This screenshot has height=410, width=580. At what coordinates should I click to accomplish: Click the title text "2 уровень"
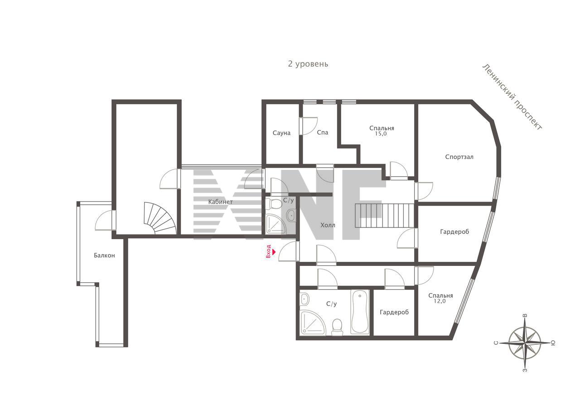click(x=308, y=64)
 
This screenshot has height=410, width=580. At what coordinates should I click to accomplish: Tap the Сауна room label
click(x=281, y=133)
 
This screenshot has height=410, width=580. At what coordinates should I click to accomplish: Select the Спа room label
click(x=323, y=133)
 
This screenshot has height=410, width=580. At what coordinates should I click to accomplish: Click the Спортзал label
click(x=459, y=157)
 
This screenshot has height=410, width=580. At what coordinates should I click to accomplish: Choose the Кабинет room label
click(x=220, y=202)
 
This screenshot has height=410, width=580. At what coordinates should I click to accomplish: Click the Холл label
click(x=328, y=225)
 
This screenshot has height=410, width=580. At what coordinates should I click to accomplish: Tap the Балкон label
click(x=104, y=256)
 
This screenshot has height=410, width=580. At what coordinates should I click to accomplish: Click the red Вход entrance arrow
click(x=274, y=251)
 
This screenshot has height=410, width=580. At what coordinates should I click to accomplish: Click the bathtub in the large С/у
click(x=360, y=312)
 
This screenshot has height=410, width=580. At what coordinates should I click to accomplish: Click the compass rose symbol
click(x=525, y=343)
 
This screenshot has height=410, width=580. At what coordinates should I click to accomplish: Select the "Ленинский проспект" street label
click(x=512, y=97)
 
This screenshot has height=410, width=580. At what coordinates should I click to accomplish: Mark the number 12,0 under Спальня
click(x=440, y=301)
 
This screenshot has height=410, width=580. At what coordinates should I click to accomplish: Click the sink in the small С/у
click(x=291, y=215)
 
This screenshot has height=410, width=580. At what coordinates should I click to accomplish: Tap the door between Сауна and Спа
click(x=308, y=126)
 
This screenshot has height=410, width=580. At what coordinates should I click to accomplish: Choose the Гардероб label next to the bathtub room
click(x=394, y=313)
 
